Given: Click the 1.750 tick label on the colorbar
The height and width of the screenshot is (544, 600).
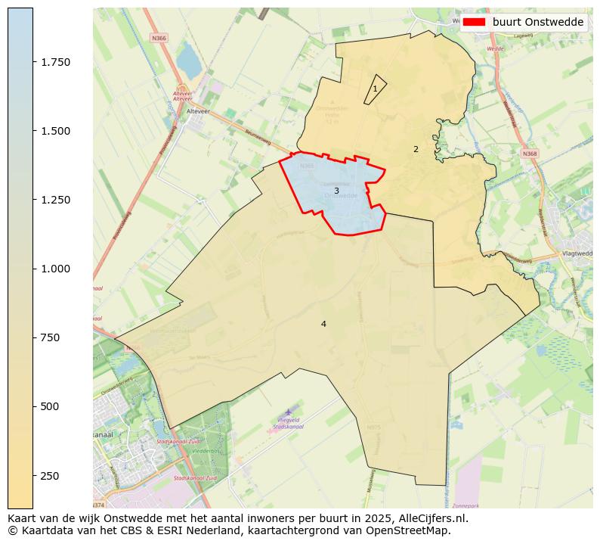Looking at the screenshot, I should pos(56,62).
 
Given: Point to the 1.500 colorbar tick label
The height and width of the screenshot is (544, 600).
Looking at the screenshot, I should pos(56,131).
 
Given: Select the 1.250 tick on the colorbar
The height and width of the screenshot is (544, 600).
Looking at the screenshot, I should pos(56,200).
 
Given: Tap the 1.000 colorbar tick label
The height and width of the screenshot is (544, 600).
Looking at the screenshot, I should pos(56,269).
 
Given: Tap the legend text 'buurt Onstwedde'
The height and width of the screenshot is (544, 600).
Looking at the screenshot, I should pos(537,22).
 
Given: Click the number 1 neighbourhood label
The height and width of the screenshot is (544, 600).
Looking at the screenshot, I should pos(375,89).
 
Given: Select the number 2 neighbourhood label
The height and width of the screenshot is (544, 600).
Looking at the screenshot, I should pos(416,150).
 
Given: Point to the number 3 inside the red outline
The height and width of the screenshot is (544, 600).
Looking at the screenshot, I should pos(336,191).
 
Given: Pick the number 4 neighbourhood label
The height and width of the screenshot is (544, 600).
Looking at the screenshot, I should pos(323,324).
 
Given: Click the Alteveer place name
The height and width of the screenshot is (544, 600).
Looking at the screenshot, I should pos(198,110).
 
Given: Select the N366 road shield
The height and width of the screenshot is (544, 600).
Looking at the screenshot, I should pos(159,37).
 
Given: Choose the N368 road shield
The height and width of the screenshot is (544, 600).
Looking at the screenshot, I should pos(530,154).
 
